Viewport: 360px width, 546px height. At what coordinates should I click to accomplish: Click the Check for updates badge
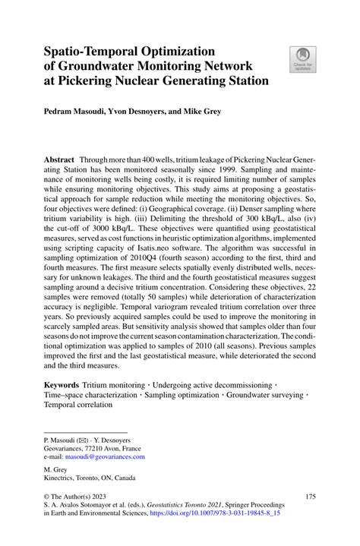[302, 59]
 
